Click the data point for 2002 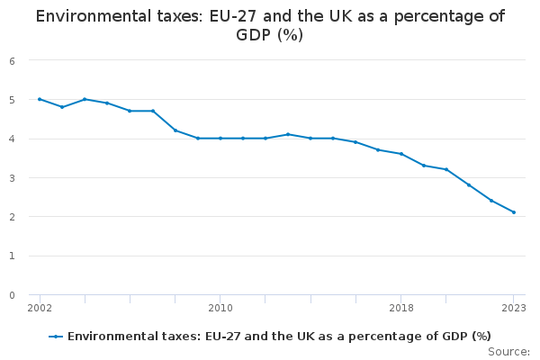[x=40, y=99]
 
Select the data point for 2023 [x=514, y=212]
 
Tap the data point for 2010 [x=220, y=139]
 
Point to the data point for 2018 [x=401, y=154]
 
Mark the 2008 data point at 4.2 [x=175, y=130]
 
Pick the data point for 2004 [x=85, y=99]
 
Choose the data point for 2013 [x=288, y=134]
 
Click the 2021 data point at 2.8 [x=469, y=185]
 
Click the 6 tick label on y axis [x=12, y=61]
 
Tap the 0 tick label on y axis [x=12, y=295]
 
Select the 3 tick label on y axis [x=12, y=178]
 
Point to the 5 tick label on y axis [x=12, y=100]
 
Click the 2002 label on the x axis [x=40, y=308]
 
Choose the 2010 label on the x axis [x=220, y=308]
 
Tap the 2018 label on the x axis [x=401, y=308]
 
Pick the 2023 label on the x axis [x=514, y=308]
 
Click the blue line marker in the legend [x=56, y=337]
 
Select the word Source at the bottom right [x=507, y=351]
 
